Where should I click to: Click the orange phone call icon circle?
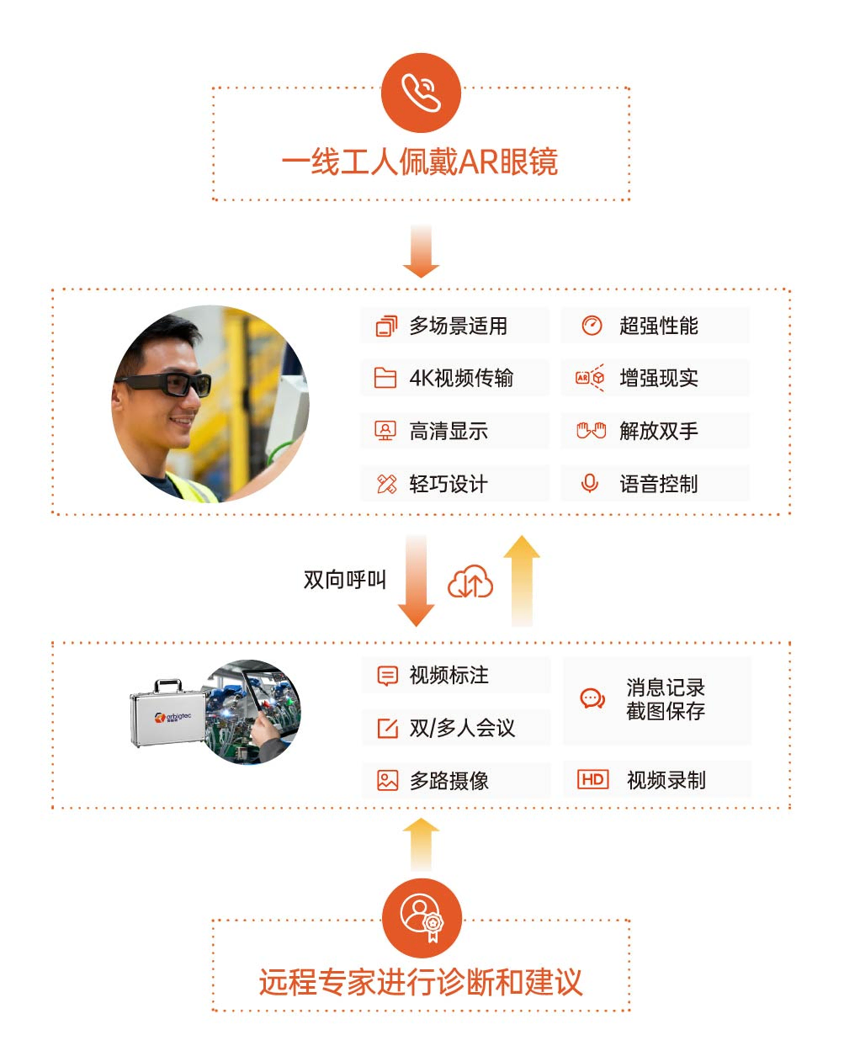click(x=421, y=93)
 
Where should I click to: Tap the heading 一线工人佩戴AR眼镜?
click(x=420, y=162)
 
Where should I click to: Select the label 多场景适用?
click(x=458, y=326)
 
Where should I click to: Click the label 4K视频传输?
click(x=461, y=378)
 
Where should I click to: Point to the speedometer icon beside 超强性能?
click(x=592, y=326)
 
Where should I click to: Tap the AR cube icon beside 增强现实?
click(x=590, y=378)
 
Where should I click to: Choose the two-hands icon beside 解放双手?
click(x=591, y=430)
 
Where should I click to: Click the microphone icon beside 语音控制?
click(x=589, y=483)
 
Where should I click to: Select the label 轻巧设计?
click(x=449, y=484)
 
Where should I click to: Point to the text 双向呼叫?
click(x=345, y=580)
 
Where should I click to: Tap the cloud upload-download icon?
click(x=470, y=581)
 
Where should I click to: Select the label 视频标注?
click(x=449, y=676)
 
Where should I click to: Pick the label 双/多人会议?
click(x=462, y=728)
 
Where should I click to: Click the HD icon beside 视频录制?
click(x=592, y=779)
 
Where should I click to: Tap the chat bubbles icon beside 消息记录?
click(x=592, y=699)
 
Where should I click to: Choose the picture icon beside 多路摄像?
click(x=387, y=781)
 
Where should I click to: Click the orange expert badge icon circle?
click(x=422, y=918)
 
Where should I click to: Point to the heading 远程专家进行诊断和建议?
click(x=421, y=982)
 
